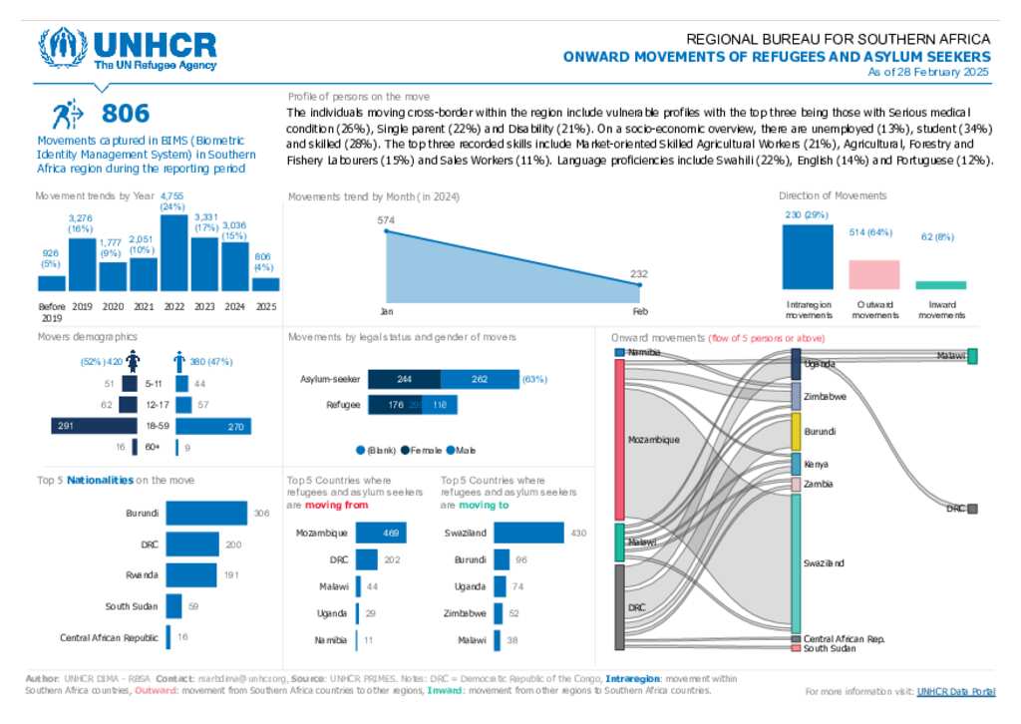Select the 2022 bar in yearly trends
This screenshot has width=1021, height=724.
(174, 252)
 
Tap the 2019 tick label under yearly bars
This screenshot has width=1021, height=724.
(82, 306)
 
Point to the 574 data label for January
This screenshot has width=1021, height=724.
(387, 219)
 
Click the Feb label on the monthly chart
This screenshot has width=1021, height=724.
(639, 311)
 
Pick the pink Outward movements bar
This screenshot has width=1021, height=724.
(873, 274)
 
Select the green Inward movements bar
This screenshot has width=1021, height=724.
(940, 285)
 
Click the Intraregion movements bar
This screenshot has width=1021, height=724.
(807, 256)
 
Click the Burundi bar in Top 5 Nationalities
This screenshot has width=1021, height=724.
(206, 513)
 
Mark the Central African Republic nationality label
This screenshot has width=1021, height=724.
(109, 637)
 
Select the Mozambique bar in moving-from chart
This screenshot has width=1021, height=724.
(380, 533)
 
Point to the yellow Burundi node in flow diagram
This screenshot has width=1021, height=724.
(797, 431)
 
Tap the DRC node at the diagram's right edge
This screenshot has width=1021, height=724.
(972, 509)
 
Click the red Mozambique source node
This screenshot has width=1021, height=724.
(619, 439)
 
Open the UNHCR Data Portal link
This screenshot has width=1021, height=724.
(955, 690)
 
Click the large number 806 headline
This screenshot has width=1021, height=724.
(126, 113)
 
